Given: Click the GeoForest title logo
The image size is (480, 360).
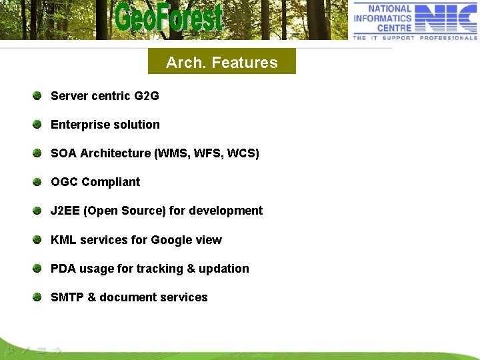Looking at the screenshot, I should [x=168, y=17].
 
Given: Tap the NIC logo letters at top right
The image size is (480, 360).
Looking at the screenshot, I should [x=447, y=17].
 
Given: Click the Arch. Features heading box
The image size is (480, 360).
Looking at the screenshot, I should [x=221, y=63].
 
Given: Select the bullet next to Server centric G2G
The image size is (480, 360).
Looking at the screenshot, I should [x=38, y=95].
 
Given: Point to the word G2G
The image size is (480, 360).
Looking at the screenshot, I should [x=147, y=96].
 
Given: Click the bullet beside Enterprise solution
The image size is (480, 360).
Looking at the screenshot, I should [x=38, y=124].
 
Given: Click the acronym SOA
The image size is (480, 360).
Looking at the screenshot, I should [x=63, y=153].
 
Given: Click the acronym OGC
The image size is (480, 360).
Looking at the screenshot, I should [x=64, y=182].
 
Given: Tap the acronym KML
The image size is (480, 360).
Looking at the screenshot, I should [x=63, y=240].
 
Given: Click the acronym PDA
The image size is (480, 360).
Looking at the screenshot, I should [x=63, y=269].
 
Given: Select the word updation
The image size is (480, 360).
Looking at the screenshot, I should [x=224, y=269].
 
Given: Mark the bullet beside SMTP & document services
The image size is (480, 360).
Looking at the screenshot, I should [x=38, y=297].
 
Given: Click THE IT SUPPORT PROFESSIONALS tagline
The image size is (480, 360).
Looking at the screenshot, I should [x=415, y=38].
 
